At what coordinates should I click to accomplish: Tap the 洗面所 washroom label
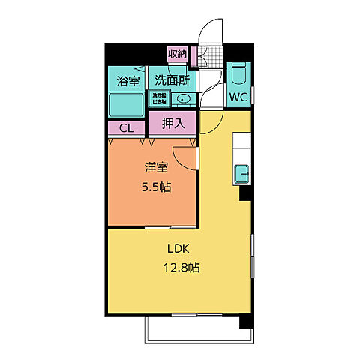(x=171, y=79)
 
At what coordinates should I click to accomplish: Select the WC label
(x=239, y=97)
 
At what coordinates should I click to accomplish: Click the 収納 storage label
(x=177, y=54)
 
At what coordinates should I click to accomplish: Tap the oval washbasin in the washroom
(x=185, y=99)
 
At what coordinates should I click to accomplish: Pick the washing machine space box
(x=160, y=97)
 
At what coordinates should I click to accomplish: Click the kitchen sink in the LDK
(x=243, y=174)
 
